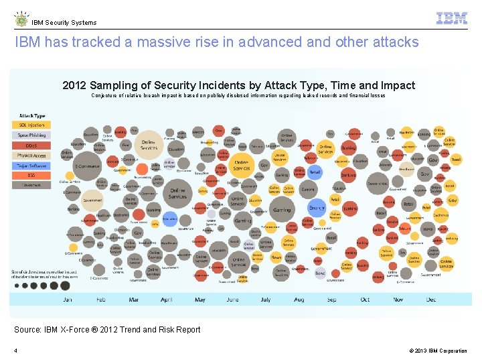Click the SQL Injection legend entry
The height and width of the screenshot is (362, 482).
coord(31,125)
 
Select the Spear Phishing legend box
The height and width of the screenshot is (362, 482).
coord(31,135)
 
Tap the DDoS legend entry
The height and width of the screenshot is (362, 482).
coord(31,145)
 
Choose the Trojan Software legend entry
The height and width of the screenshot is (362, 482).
coord(31,165)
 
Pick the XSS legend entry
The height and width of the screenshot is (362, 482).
coord(31,175)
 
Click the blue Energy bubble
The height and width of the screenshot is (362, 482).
coord(317,208)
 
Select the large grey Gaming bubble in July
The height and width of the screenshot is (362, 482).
coord(282,210)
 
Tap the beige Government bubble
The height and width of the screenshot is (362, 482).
coord(92,200)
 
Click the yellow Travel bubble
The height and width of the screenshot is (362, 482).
coord(455,160)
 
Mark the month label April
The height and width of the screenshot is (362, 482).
coord(167,300)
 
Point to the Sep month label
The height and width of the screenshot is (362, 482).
coord(331,300)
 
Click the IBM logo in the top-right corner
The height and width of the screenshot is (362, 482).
coord(452,19)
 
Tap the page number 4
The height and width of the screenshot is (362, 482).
coord(15,351)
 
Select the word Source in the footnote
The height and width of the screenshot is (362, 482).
coord(29,329)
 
